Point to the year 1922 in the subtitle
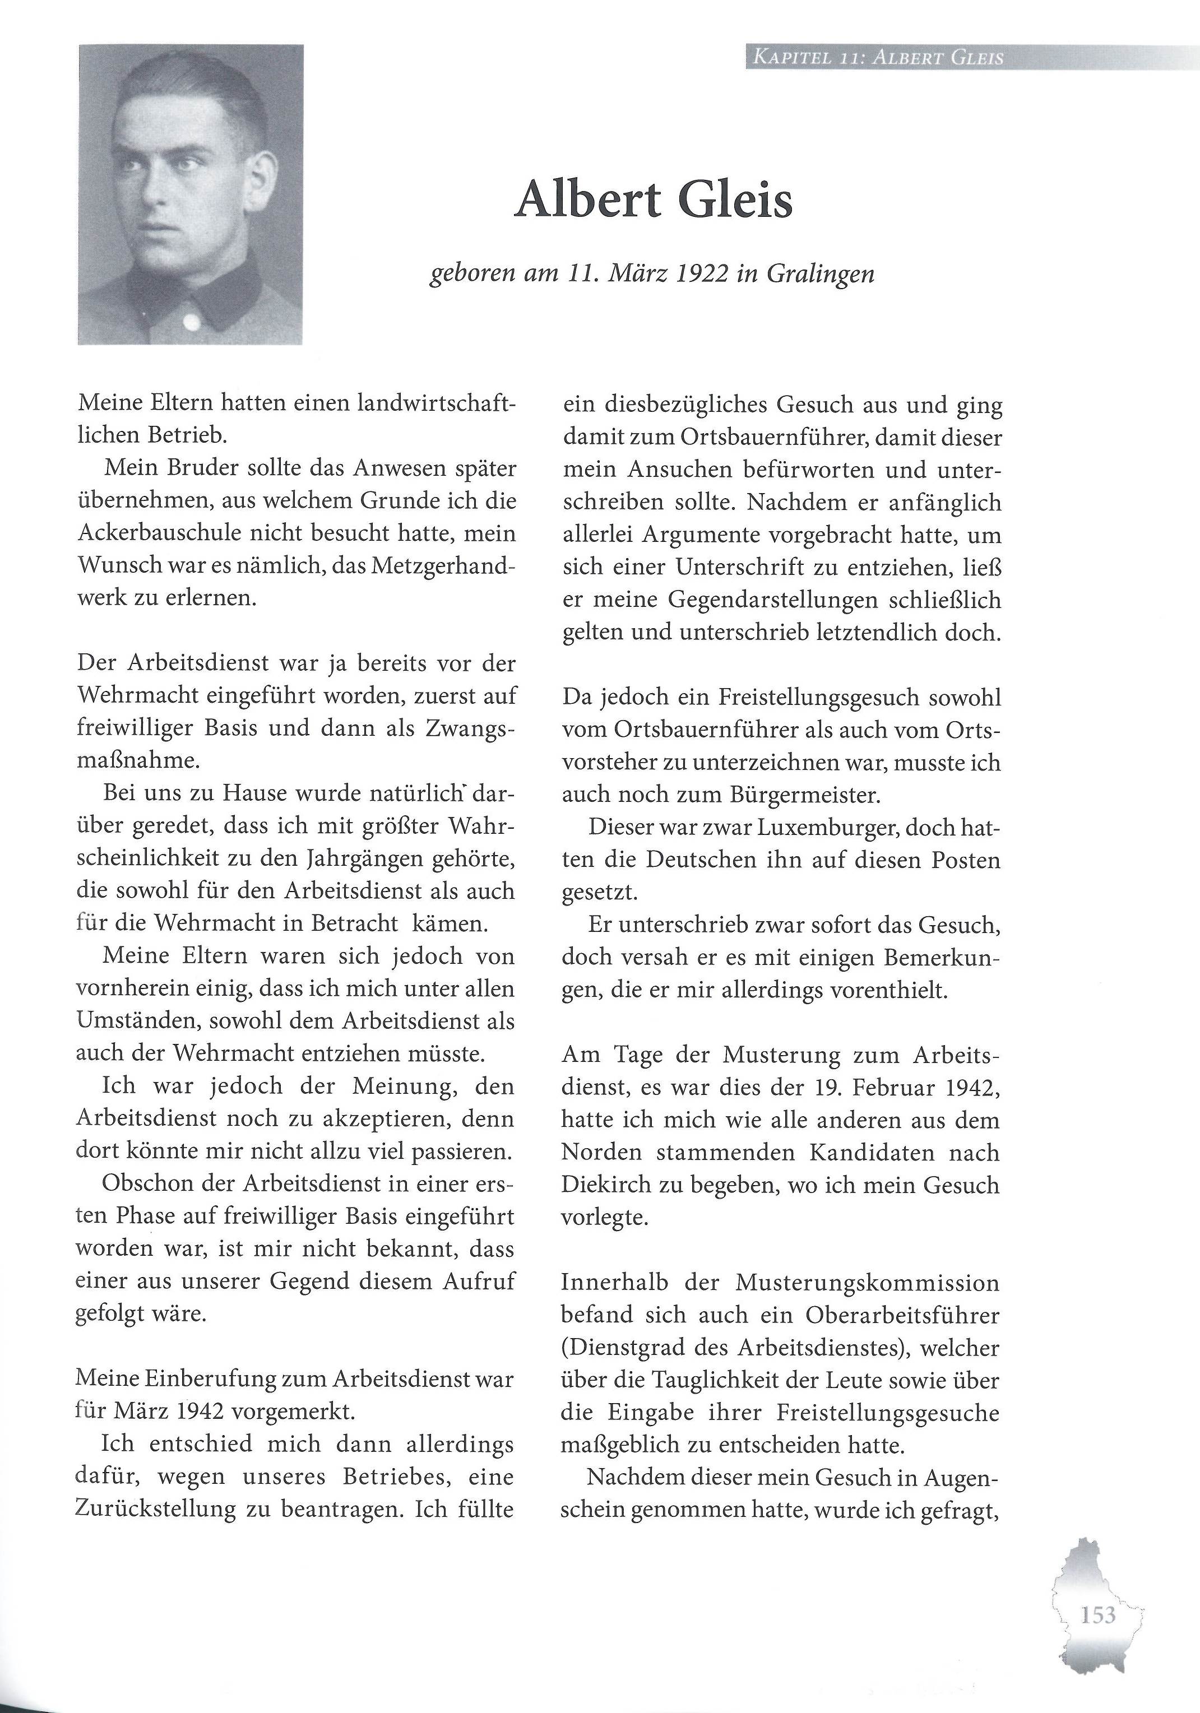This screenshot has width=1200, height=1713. click(x=702, y=274)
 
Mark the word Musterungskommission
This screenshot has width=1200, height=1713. click(x=867, y=1283)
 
